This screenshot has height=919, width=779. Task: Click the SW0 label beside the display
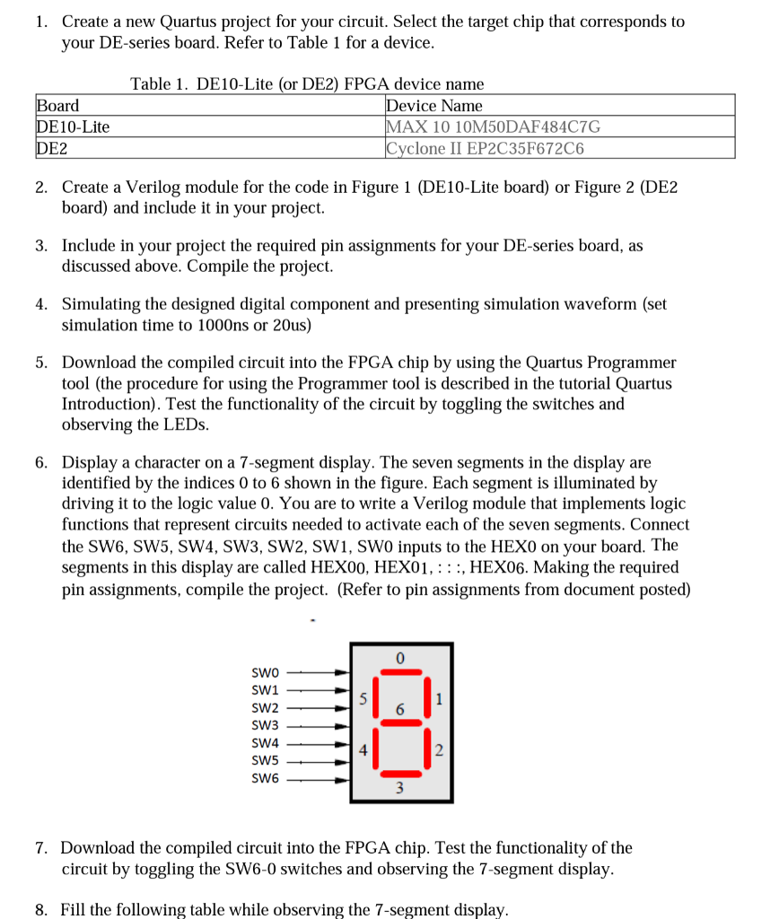click(267, 671)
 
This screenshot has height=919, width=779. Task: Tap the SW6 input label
click(267, 778)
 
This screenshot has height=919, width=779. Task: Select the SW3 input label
click(267, 725)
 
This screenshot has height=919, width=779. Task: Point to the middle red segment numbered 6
click(400, 722)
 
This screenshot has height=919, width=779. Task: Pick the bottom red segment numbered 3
click(400, 775)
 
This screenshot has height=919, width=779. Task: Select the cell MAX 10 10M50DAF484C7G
click(493, 127)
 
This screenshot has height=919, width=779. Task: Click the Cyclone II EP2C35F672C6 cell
click(485, 148)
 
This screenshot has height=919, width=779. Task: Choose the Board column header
click(57, 106)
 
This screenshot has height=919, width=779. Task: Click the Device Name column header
click(433, 106)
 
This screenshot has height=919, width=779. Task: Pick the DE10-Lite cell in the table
click(73, 127)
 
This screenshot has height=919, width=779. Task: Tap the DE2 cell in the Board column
click(52, 148)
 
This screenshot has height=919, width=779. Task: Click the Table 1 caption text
click(307, 84)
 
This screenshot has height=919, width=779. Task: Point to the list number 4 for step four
click(41, 304)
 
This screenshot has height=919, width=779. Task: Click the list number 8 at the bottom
click(41, 909)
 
